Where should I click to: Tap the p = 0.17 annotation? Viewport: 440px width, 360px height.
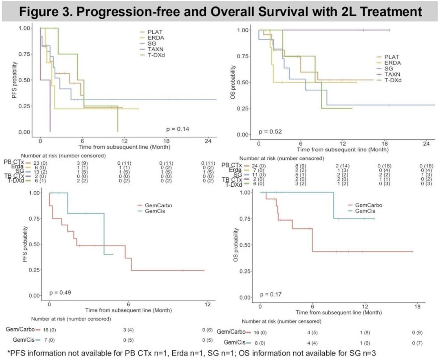click(273, 294)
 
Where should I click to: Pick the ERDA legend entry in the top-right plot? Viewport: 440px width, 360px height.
click(391, 63)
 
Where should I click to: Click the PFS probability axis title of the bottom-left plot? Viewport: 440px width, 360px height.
click(30, 244)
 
